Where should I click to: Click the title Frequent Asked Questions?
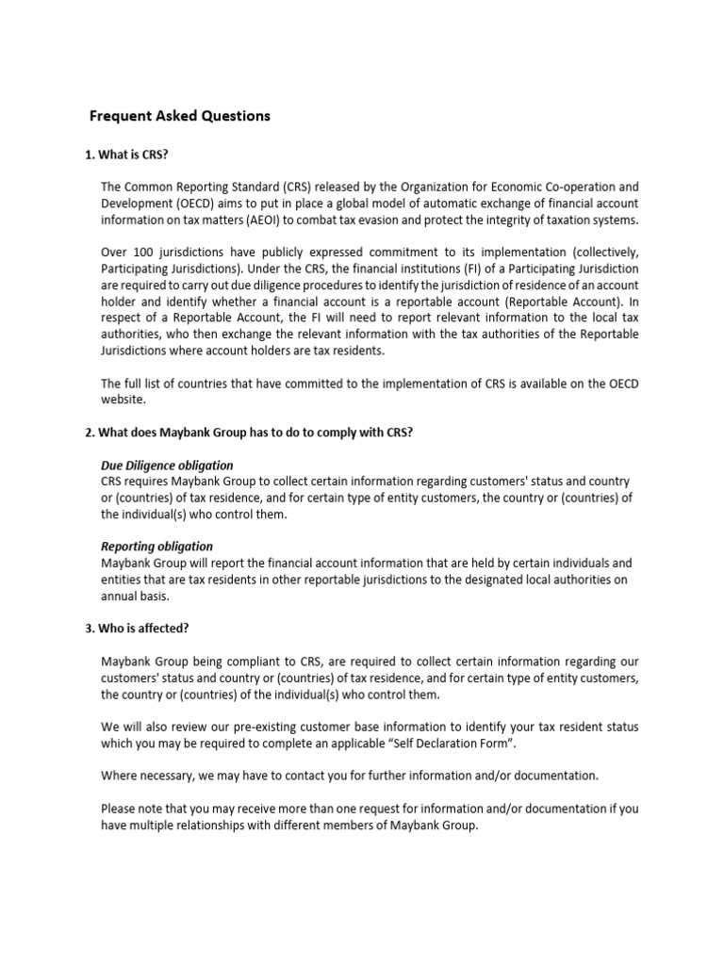point(179,116)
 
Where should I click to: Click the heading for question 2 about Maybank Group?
point(249,432)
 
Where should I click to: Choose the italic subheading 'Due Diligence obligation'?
point(167,466)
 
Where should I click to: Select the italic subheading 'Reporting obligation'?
point(156,547)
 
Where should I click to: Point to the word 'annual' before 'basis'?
point(120,597)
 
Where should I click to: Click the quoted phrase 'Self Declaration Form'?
point(452,744)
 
